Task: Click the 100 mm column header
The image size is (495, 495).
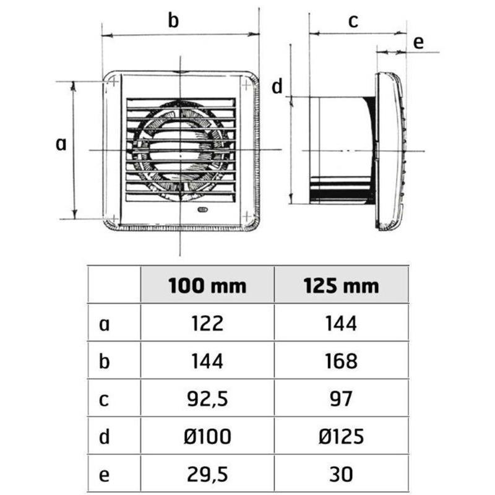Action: click(207, 286)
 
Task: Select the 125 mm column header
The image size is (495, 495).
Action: click(341, 286)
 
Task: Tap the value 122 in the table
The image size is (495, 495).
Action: click(207, 323)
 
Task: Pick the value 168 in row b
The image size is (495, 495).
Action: click(341, 360)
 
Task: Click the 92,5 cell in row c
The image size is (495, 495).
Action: click(207, 398)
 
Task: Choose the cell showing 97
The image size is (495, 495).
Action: click(341, 398)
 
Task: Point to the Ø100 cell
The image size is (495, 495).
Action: click(207, 436)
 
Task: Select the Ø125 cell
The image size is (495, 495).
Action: click(341, 436)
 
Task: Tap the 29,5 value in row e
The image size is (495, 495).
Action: click(207, 474)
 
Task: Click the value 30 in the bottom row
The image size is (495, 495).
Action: click(341, 474)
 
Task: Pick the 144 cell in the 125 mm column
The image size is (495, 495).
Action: click(341, 323)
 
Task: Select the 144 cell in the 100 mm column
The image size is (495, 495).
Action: click(207, 360)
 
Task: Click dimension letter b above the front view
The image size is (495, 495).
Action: click(174, 20)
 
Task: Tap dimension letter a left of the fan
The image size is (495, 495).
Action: click(61, 144)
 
